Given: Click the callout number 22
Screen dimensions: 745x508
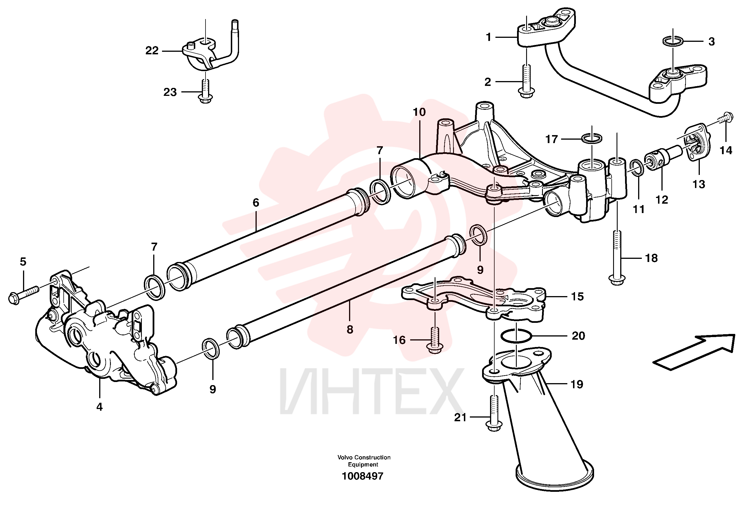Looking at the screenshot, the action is tap(152, 51).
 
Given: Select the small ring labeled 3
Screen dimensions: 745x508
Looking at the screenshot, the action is tap(673, 41).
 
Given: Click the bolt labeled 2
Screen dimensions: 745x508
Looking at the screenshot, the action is tap(526, 81).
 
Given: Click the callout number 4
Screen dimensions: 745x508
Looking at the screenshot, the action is tap(99, 407).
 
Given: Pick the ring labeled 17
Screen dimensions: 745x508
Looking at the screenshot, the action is tap(592, 139).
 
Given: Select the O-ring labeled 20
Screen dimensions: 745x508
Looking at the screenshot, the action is tap(516, 336).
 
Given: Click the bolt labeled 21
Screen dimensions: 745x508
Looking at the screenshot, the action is tap(494, 413).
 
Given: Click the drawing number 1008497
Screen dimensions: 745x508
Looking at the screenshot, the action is tap(363, 476).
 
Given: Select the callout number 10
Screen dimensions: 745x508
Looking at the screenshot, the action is tap(419, 112).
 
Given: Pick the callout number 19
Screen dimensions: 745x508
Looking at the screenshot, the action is tap(577, 384).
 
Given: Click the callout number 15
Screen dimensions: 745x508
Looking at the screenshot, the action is tap(577, 297).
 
